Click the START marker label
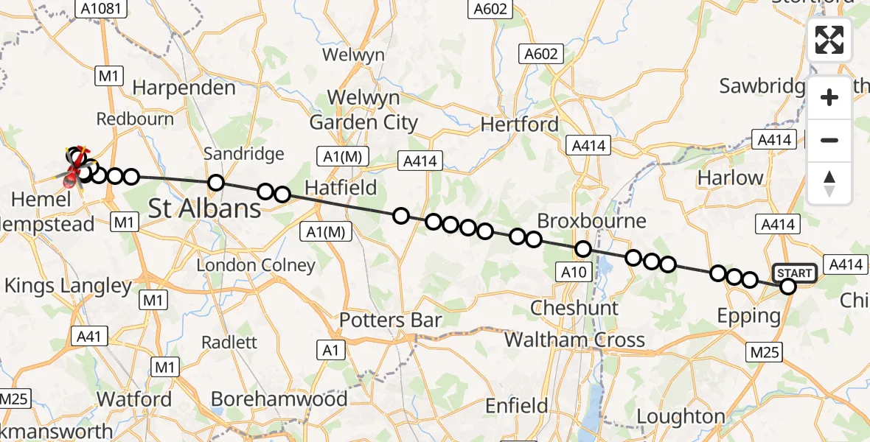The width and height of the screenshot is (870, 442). [794, 273]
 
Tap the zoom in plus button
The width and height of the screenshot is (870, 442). [829, 97]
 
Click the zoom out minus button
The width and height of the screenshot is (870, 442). [829, 140]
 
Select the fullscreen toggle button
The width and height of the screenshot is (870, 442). [829, 40]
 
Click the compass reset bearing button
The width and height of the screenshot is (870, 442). [829, 183]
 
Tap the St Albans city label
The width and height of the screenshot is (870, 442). [205, 208]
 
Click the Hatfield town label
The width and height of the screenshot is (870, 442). [341, 187]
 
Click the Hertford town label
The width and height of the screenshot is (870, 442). [520, 124]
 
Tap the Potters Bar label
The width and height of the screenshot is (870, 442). [390, 320]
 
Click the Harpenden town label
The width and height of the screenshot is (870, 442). [184, 88]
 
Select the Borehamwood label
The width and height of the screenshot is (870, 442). [279, 399]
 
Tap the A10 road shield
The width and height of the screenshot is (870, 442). [573, 273]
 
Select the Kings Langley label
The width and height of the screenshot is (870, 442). [69, 286]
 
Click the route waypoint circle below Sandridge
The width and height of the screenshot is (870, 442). [216, 183]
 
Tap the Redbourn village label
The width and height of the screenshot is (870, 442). [135, 119]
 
